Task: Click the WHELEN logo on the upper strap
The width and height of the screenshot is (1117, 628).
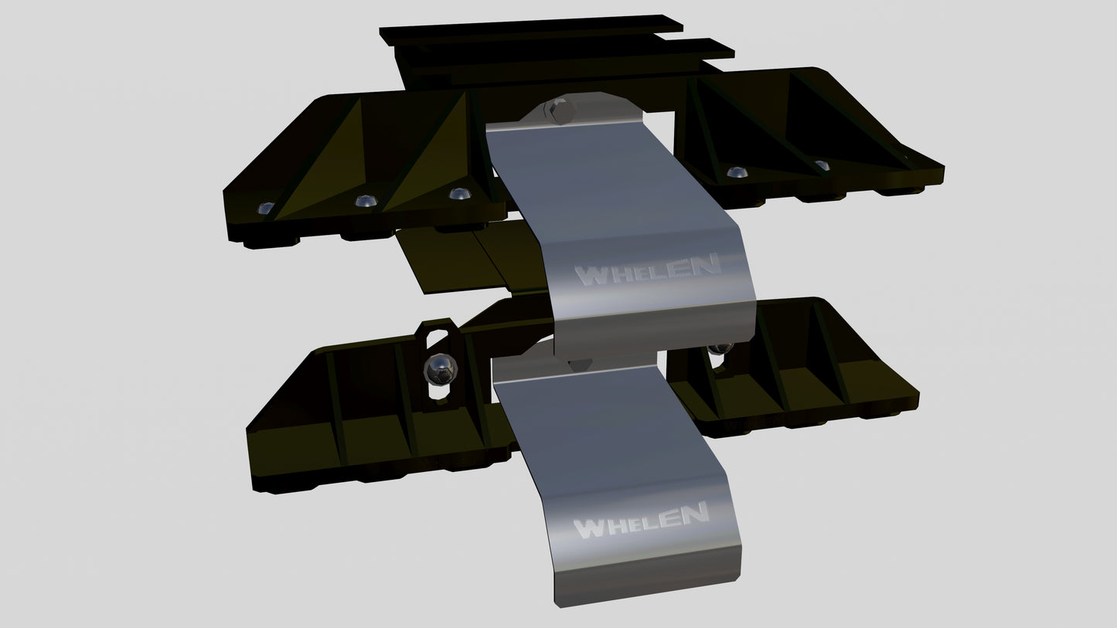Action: click(x=649, y=270)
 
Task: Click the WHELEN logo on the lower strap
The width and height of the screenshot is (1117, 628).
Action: click(x=641, y=521)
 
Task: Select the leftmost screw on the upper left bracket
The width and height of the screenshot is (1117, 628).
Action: click(x=265, y=208)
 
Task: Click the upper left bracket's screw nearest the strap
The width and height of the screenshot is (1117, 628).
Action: click(x=459, y=192)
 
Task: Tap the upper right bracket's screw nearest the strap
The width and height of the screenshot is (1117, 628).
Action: click(x=737, y=171)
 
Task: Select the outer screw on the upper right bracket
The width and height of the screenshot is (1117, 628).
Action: click(x=822, y=165)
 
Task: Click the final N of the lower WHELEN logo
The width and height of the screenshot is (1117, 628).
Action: click(x=695, y=513)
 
